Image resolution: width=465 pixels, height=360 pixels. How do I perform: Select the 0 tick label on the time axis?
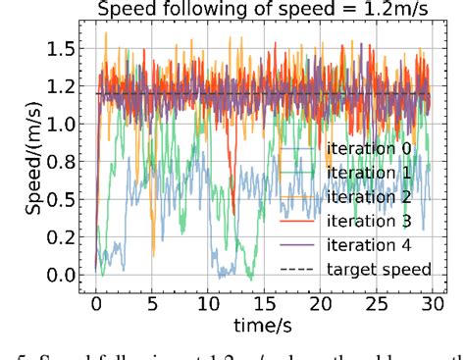pyautogui.click(x=96, y=301)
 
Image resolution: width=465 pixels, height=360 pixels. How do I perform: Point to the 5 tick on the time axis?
pyautogui.click(x=152, y=301)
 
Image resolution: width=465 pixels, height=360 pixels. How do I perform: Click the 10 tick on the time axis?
pyautogui.click(x=207, y=301)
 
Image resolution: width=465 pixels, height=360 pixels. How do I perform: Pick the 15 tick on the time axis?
pyautogui.click(x=263, y=301)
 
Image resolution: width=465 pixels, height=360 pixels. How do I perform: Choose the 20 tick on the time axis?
pyautogui.click(x=319, y=301)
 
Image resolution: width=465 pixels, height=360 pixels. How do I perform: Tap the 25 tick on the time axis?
pyautogui.click(x=375, y=301)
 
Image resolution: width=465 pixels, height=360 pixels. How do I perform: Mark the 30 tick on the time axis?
pyautogui.click(x=430, y=301)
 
